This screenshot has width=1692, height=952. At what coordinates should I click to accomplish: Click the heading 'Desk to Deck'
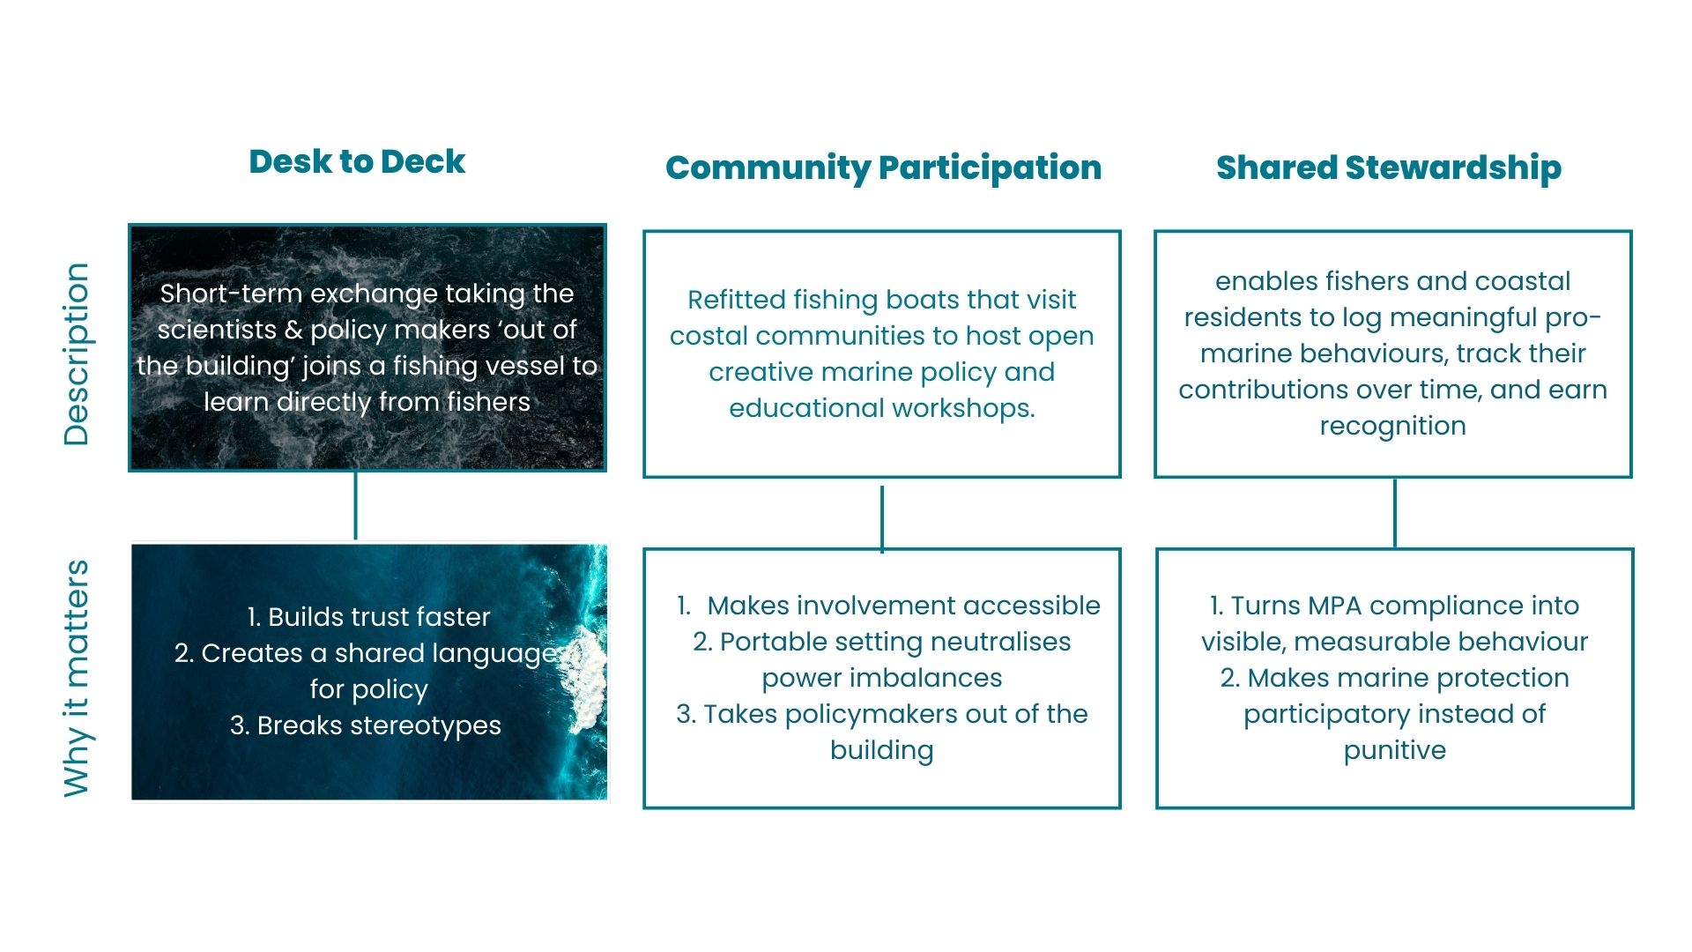tap(357, 162)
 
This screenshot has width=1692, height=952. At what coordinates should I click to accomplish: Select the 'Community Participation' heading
tap(883, 167)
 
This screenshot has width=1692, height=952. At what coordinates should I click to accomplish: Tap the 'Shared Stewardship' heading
tap(1389, 167)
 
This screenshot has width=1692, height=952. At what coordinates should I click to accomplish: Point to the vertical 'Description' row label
tap(77, 354)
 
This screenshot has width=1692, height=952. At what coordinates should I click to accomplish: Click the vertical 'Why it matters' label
tap(77, 678)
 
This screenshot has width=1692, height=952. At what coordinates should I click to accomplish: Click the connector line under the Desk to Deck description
tap(355, 506)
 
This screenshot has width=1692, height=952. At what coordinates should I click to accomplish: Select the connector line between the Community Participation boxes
tap(882, 517)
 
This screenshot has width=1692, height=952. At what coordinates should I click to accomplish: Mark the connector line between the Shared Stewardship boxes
tap(1394, 513)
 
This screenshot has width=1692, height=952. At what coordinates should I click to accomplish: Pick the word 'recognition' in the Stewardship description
tap(1392, 426)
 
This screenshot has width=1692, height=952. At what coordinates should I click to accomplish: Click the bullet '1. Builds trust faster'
tap(368, 617)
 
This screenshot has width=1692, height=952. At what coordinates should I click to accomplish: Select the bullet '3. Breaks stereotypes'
tap(366, 725)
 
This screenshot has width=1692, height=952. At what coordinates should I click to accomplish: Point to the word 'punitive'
tap(1394, 750)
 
